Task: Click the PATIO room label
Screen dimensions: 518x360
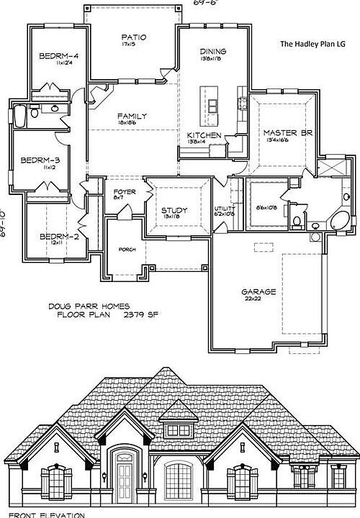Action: point(134,37)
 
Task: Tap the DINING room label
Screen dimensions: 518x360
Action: point(213,52)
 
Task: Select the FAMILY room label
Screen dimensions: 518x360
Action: point(132,117)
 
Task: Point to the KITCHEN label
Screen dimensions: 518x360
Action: point(204,135)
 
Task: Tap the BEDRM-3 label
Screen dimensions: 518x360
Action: point(40,160)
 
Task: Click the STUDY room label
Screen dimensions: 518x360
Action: point(175,211)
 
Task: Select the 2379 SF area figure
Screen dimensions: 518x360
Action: point(139,315)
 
